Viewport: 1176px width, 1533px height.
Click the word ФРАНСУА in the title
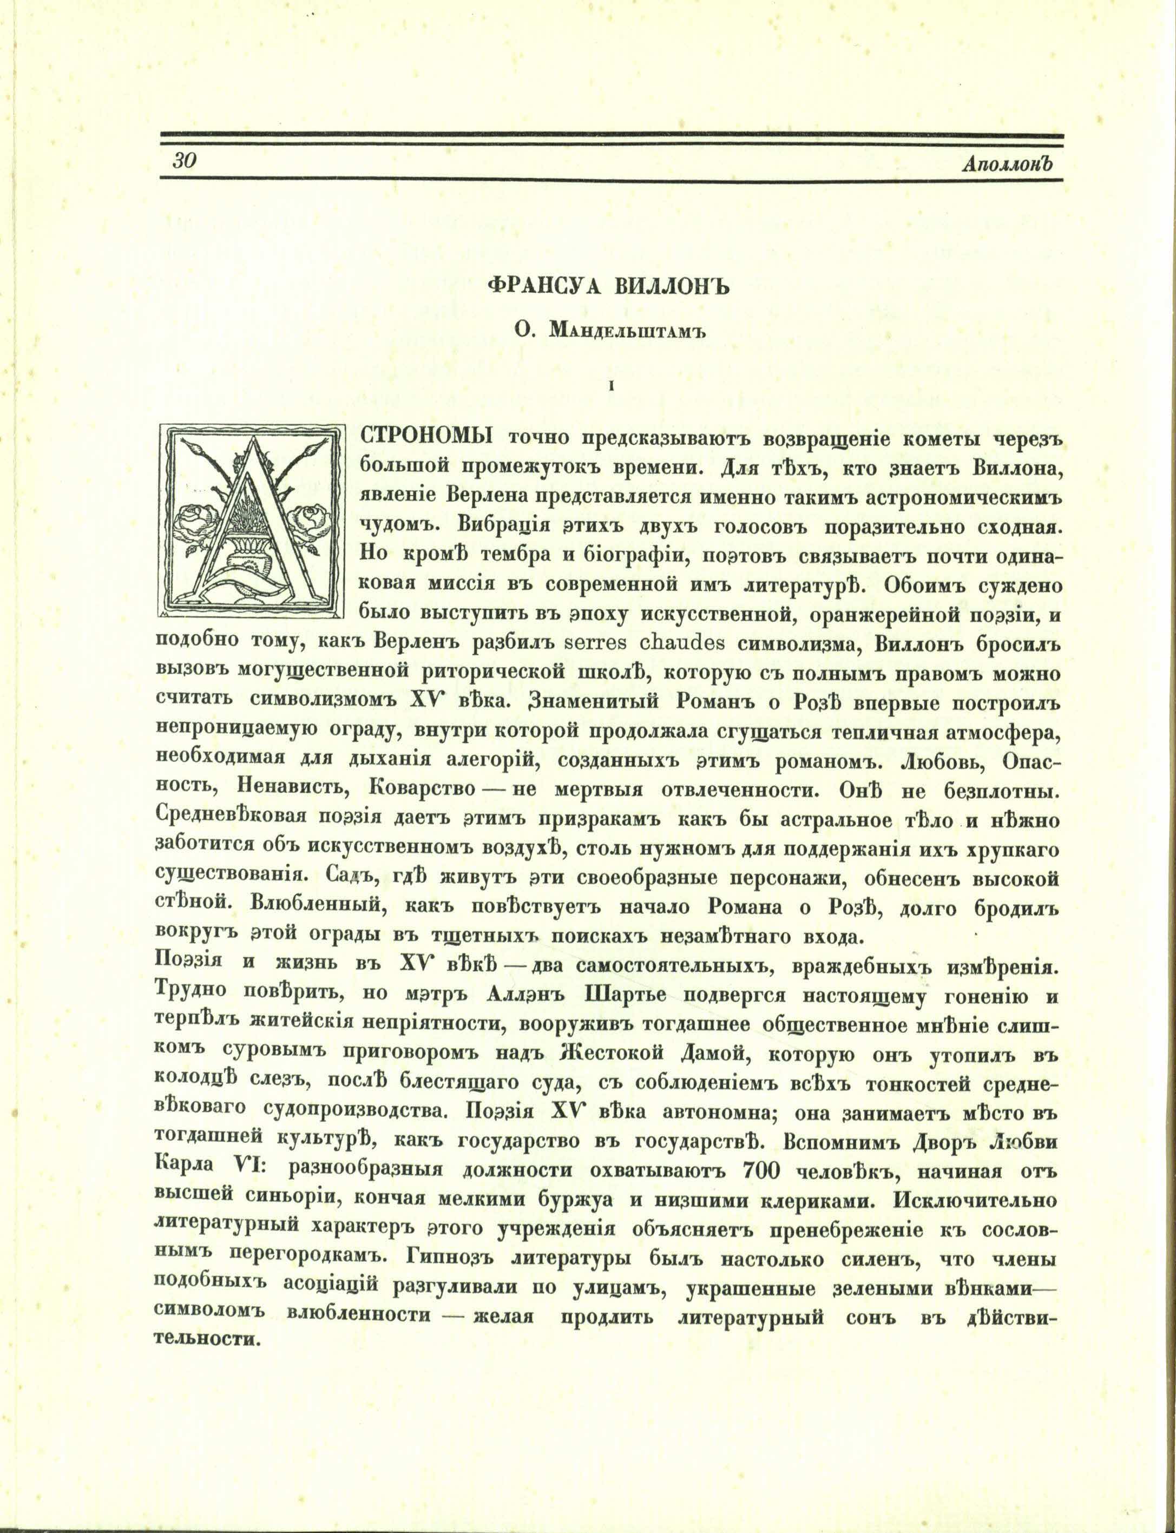(543, 288)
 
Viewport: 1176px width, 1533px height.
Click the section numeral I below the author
(612, 384)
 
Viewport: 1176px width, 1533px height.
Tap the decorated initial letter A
(253, 522)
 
